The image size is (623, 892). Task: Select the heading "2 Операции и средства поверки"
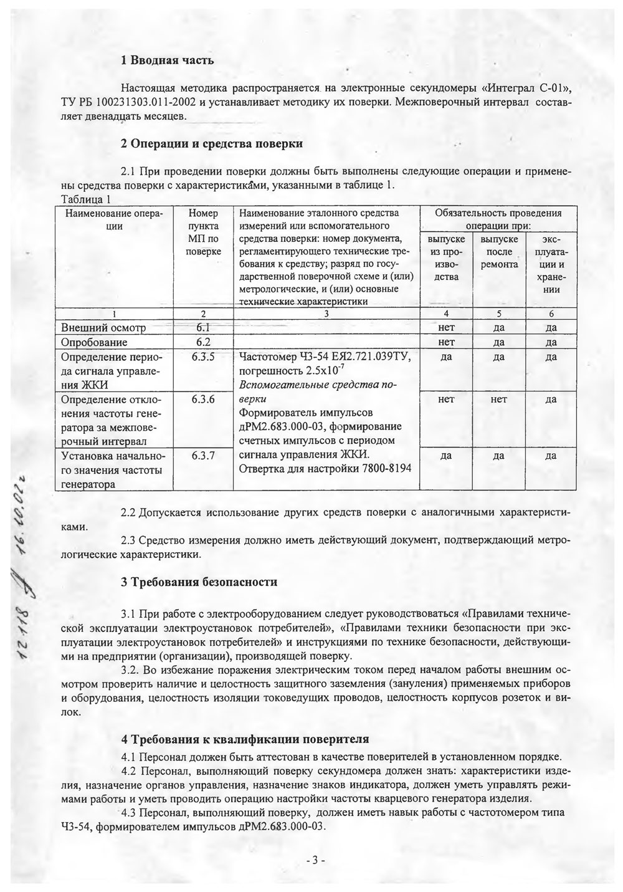tap(212, 144)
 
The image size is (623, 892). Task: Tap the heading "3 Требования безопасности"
tap(199, 582)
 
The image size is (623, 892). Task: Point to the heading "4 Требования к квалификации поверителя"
tap(245, 739)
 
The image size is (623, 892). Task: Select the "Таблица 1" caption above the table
tap(86, 199)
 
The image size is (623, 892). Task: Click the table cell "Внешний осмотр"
tap(103, 328)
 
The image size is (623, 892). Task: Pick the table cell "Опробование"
tap(94, 342)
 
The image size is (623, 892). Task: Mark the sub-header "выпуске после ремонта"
tap(498, 252)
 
